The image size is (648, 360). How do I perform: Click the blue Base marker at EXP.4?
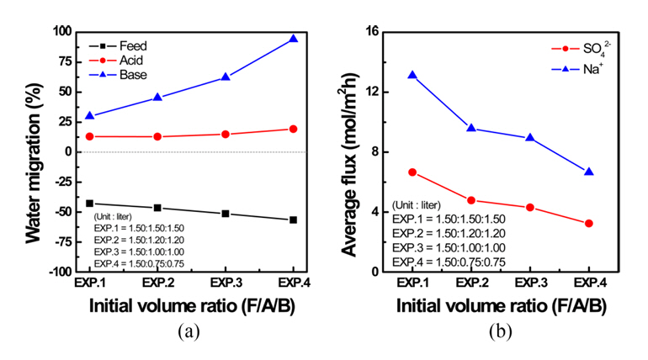tap(294, 39)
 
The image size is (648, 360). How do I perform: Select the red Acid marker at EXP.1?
tap(89, 136)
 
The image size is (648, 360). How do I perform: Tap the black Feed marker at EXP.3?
tap(226, 214)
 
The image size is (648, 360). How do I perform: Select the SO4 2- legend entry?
tap(594, 50)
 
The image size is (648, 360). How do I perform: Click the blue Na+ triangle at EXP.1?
tap(412, 75)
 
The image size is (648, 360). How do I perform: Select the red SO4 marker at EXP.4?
tap(589, 224)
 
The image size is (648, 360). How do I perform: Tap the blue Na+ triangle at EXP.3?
tap(530, 138)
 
